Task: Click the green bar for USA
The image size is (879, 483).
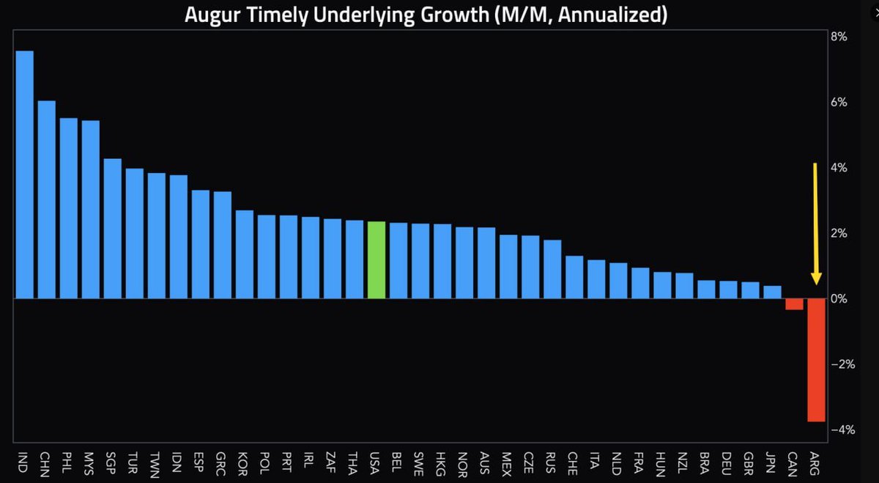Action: coord(376,260)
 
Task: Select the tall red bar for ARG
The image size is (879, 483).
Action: coord(817,360)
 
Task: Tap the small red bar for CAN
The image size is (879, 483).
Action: coord(794,304)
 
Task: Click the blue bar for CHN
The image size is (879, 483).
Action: coord(46,199)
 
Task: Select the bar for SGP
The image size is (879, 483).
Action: coord(112,229)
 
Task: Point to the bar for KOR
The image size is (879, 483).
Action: coord(244,254)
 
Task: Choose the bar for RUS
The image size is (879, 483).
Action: coord(552,269)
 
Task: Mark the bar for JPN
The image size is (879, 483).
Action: coord(772,292)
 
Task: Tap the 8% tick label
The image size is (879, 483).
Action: coord(839,37)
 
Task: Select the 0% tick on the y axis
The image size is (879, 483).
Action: coord(839,299)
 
